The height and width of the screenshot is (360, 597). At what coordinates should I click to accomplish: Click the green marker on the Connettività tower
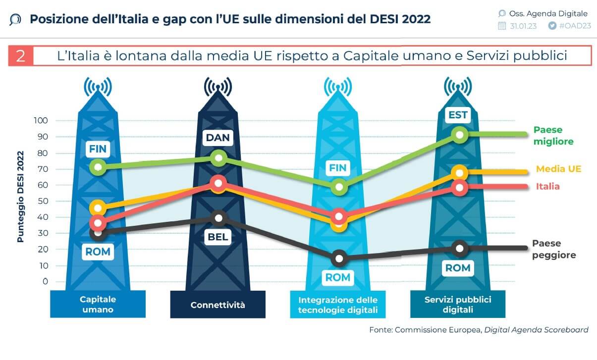coord(218,158)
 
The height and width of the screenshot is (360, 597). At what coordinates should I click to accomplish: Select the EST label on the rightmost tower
coord(458,115)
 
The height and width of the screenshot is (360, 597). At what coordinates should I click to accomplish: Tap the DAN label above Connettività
coord(218,137)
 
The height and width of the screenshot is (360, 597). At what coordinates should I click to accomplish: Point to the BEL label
coord(218,237)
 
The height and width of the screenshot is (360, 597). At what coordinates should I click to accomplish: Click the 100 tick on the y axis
coord(41,120)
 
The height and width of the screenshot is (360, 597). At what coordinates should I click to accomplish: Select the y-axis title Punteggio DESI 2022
coord(20,204)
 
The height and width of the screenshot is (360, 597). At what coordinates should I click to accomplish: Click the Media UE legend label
coord(558,169)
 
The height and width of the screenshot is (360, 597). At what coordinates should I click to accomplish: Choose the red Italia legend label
coord(547,187)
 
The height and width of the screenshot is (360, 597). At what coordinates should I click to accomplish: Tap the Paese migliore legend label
coord(553,136)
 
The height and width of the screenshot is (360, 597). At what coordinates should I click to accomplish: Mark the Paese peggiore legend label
coord(554,249)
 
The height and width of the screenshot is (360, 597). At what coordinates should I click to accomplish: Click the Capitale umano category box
coord(98,305)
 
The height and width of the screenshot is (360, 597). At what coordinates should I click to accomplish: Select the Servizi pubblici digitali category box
coord(458,305)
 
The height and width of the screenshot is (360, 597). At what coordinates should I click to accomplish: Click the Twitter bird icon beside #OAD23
coord(552,26)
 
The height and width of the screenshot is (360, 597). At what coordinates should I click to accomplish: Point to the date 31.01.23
coord(523,26)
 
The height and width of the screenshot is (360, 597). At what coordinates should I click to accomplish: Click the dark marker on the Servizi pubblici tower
coord(460,248)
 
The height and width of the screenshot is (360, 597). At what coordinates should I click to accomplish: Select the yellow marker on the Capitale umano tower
coord(99,207)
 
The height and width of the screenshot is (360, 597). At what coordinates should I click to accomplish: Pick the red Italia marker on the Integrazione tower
coord(339,216)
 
